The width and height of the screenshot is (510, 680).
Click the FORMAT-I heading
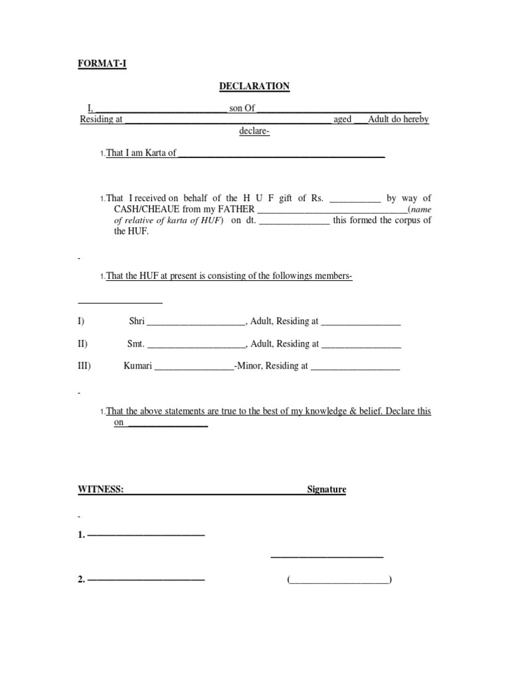[x=102, y=64]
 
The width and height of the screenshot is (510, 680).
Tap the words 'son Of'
[x=242, y=108]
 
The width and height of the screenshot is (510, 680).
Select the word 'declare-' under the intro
[x=254, y=131]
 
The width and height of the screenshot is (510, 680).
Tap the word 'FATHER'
[x=233, y=209]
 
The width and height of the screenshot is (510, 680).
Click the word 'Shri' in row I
[x=137, y=321]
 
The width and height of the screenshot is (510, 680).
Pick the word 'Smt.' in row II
[x=135, y=344]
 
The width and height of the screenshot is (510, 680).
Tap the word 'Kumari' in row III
[x=138, y=366]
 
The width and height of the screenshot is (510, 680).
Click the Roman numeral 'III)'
[x=84, y=366]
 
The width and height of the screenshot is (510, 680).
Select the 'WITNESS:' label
[x=101, y=489]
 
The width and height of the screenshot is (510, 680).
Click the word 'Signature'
[x=326, y=489]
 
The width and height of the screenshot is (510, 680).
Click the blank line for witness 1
[x=146, y=535]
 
